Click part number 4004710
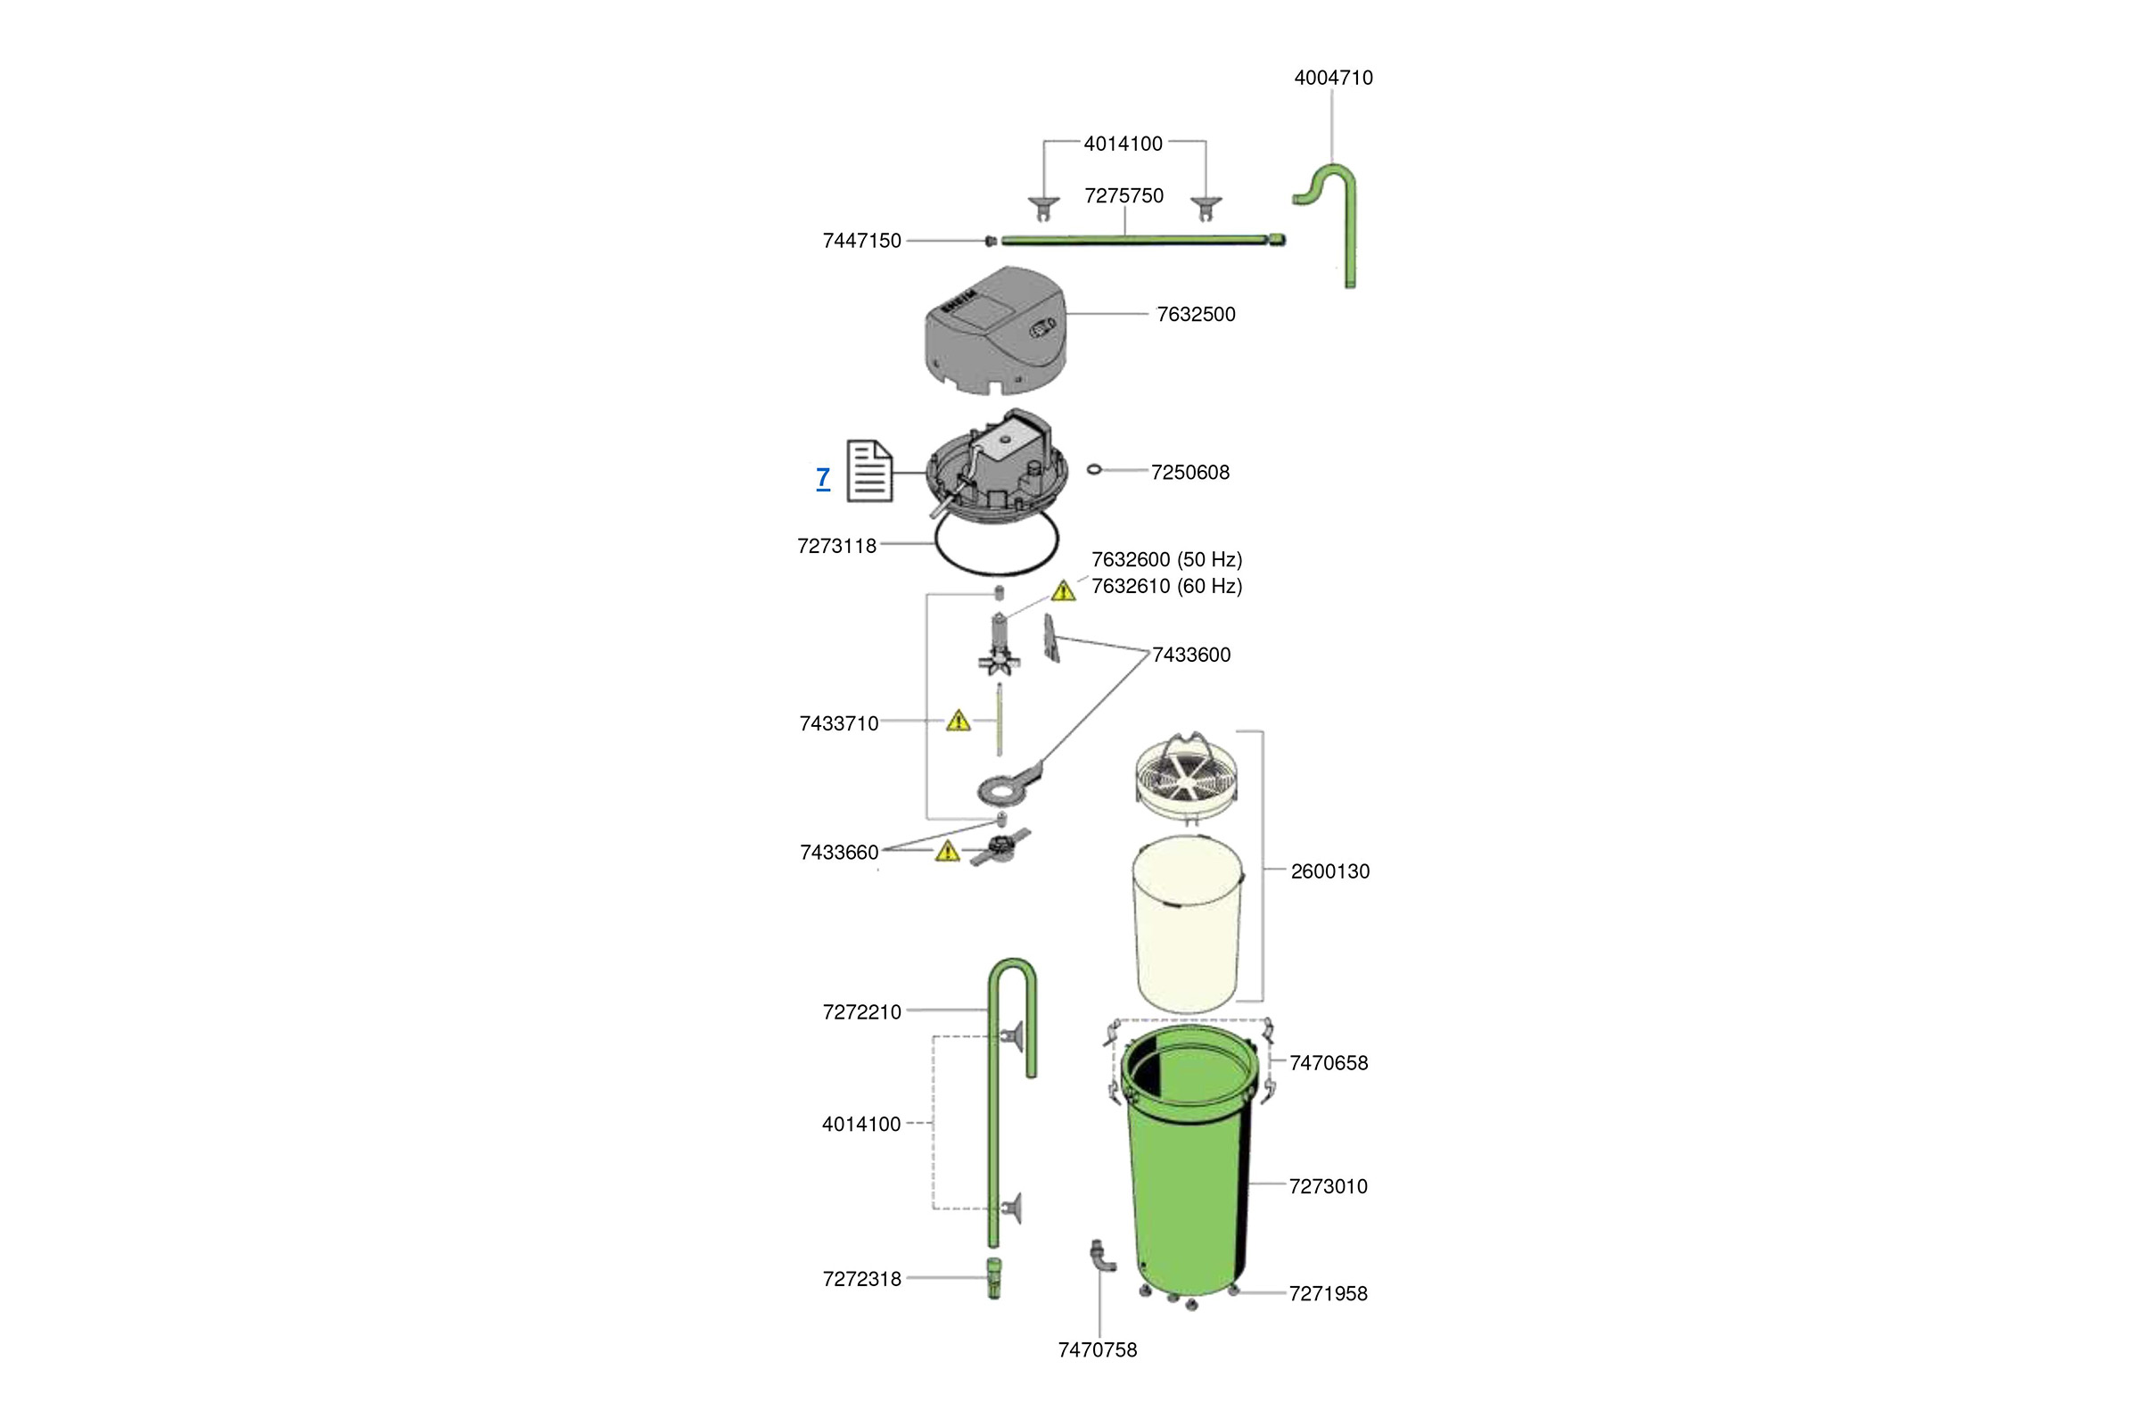coord(1333,78)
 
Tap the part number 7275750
coord(1123,195)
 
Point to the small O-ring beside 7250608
coord(1095,470)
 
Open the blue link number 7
coord(822,477)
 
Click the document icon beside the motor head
coord(868,471)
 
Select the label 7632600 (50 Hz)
coord(1166,559)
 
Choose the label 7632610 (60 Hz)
coord(1166,586)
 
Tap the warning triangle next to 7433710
coord(958,722)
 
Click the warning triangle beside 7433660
coord(947,852)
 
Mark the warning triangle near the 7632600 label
coord(1063,591)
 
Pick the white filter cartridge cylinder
coord(1187,924)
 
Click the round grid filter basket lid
coord(1187,774)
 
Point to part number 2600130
coord(1329,871)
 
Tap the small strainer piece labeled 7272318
coord(993,1278)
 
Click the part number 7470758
coord(1098,1350)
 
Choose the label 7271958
coord(1328,1293)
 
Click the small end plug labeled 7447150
coord(991,240)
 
